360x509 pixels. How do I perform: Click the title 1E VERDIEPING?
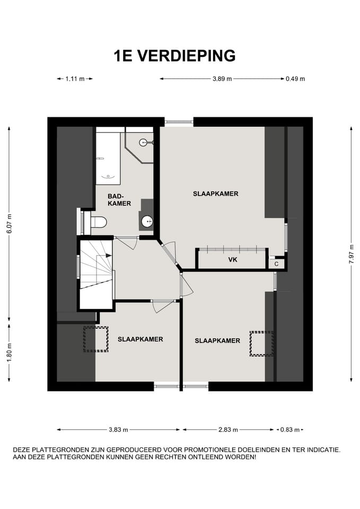(174, 56)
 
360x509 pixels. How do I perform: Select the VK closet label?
(233, 260)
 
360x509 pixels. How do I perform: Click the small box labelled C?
(277, 264)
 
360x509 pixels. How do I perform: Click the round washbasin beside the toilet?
(147, 222)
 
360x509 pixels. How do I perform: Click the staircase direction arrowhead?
(108, 256)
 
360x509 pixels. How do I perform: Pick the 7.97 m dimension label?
(352, 254)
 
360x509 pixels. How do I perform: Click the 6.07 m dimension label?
(10, 223)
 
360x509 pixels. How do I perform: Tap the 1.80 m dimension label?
(10, 352)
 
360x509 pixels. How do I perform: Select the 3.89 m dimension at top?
(222, 79)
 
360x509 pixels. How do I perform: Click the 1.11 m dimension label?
(75, 79)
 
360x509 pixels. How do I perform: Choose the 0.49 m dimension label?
(295, 79)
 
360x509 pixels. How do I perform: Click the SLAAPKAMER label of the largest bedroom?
(216, 194)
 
